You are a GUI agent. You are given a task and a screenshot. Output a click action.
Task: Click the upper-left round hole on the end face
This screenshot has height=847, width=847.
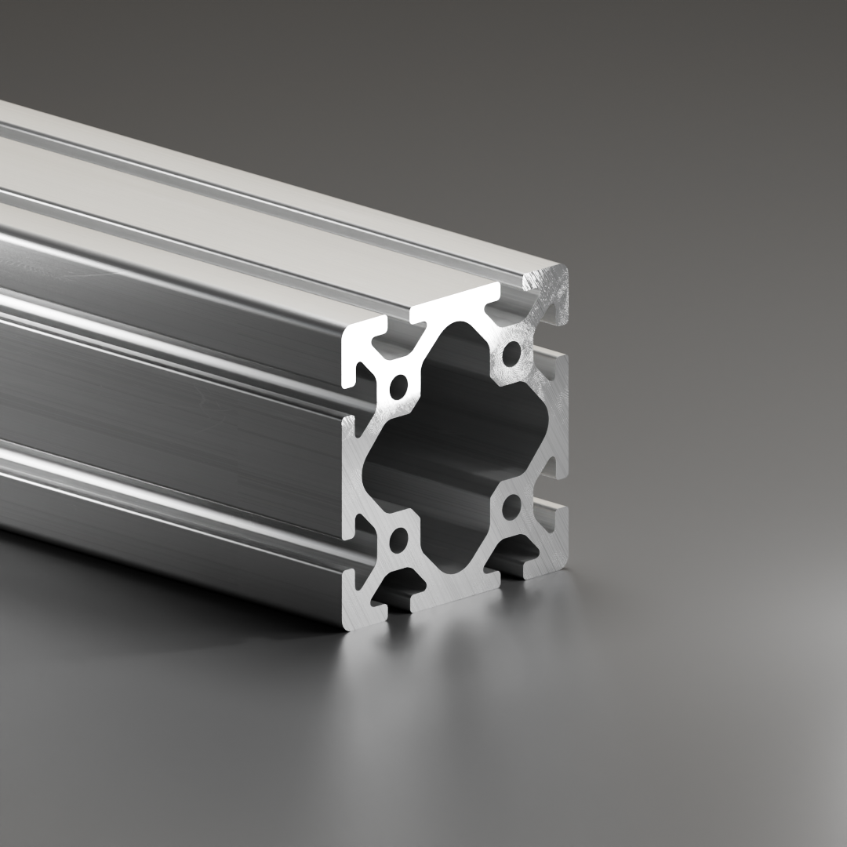click(x=398, y=386)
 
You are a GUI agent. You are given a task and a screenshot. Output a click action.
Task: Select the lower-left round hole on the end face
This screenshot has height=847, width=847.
click(x=398, y=539)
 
